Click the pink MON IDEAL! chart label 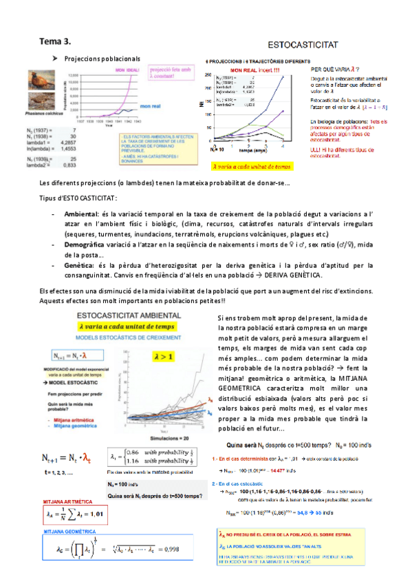[129, 70]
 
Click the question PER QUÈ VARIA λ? [334, 70]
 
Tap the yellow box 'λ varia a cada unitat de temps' [252, 167]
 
